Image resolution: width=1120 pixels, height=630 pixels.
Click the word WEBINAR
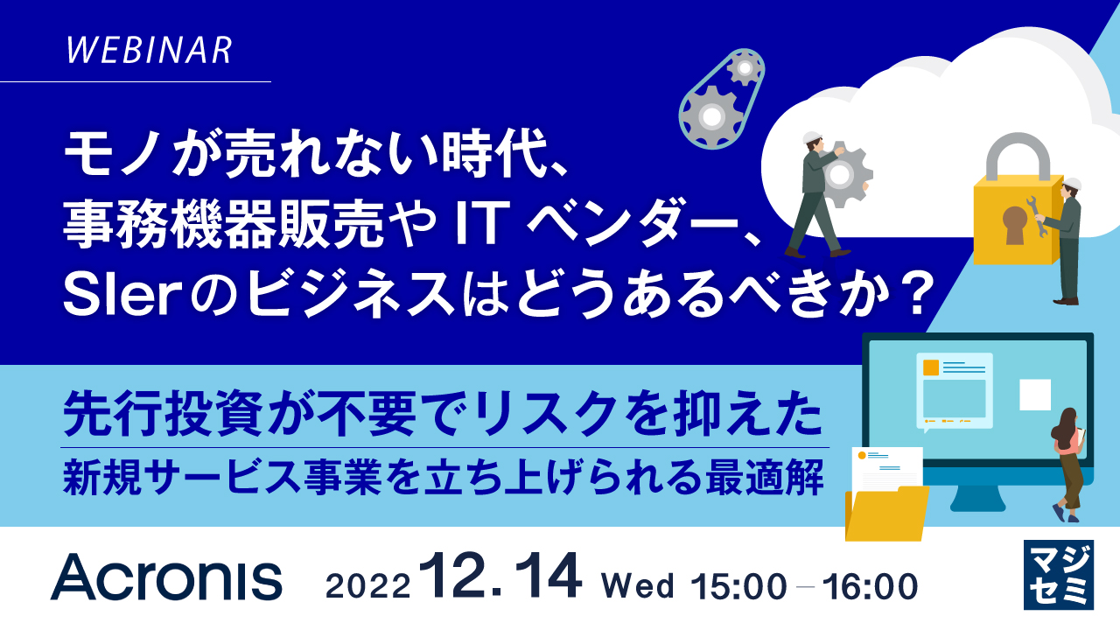pyautogui.click(x=149, y=50)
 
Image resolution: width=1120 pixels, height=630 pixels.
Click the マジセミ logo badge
pyautogui.click(x=1058, y=575)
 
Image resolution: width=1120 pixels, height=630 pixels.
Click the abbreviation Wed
pyautogui.click(x=638, y=585)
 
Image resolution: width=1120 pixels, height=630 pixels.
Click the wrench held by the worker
pyautogui.click(x=1040, y=218)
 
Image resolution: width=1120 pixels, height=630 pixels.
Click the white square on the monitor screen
pyautogui.click(x=1035, y=395)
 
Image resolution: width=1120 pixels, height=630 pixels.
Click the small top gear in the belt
pyautogui.click(x=744, y=66)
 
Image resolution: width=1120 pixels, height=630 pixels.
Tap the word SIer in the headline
pyautogui.click(x=111, y=298)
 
